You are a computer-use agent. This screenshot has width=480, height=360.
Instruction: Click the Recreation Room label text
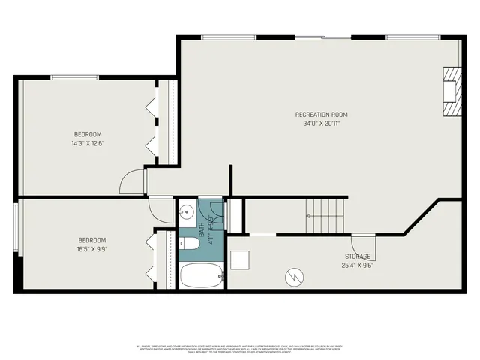tap(325, 115)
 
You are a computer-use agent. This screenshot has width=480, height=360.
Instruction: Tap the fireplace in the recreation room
tap(451, 91)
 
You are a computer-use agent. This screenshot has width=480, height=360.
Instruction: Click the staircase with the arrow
tap(327, 216)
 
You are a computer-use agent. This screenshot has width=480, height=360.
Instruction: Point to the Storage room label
tap(358, 256)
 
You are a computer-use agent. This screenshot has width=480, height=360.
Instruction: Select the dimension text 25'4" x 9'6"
tap(358, 265)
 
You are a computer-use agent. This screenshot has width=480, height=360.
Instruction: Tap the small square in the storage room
tap(240, 259)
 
